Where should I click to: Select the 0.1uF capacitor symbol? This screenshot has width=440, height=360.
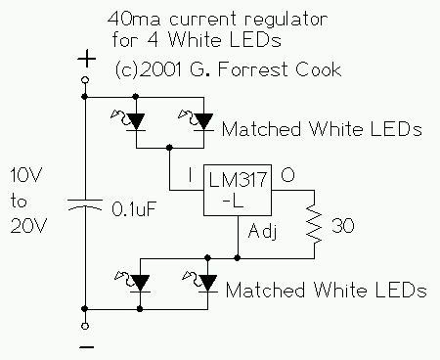tap(85, 206)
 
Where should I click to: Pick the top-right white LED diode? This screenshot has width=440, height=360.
tap(202, 120)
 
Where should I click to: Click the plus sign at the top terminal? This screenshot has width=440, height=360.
tap(85, 60)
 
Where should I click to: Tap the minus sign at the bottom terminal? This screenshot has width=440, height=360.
tap(85, 345)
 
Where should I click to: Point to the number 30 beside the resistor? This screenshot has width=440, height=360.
tap(342, 228)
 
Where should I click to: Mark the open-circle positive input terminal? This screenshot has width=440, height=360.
tap(85, 79)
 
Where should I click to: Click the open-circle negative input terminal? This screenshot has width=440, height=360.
tap(85, 326)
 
